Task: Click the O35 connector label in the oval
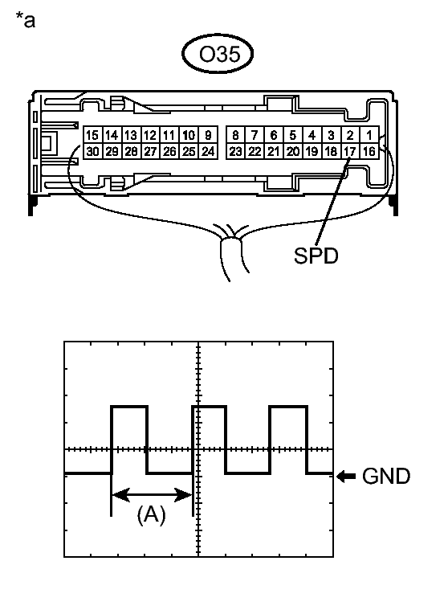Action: pyautogui.click(x=219, y=54)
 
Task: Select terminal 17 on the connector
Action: pyautogui.click(x=350, y=151)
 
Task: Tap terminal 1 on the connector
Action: pyautogui.click(x=369, y=135)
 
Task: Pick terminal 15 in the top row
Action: pyautogui.click(x=92, y=135)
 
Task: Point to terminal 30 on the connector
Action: pyautogui.click(x=92, y=151)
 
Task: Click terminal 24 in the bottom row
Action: pyautogui.click(x=208, y=151)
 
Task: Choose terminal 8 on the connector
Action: pyautogui.click(x=235, y=135)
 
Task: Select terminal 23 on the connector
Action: pyautogui.click(x=235, y=151)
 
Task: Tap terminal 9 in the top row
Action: pyautogui.click(x=208, y=135)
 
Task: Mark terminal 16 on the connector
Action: pyautogui.click(x=369, y=151)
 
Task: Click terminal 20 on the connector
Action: pyautogui.click(x=292, y=151)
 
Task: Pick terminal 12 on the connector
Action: pyautogui.click(x=150, y=135)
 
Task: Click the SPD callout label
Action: pyautogui.click(x=316, y=256)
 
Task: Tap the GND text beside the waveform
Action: pyautogui.click(x=386, y=476)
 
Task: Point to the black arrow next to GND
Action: pyautogui.click(x=346, y=476)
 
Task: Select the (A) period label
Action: pyautogui.click(x=151, y=514)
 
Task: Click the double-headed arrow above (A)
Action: pyautogui.click(x=152, y=495)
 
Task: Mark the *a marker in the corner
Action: pyautogui.click(x=25, y=19)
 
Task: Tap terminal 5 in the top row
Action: pyautogui.click(x=292, y=135)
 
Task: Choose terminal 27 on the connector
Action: pyautogui.click(x=150, y=151)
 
